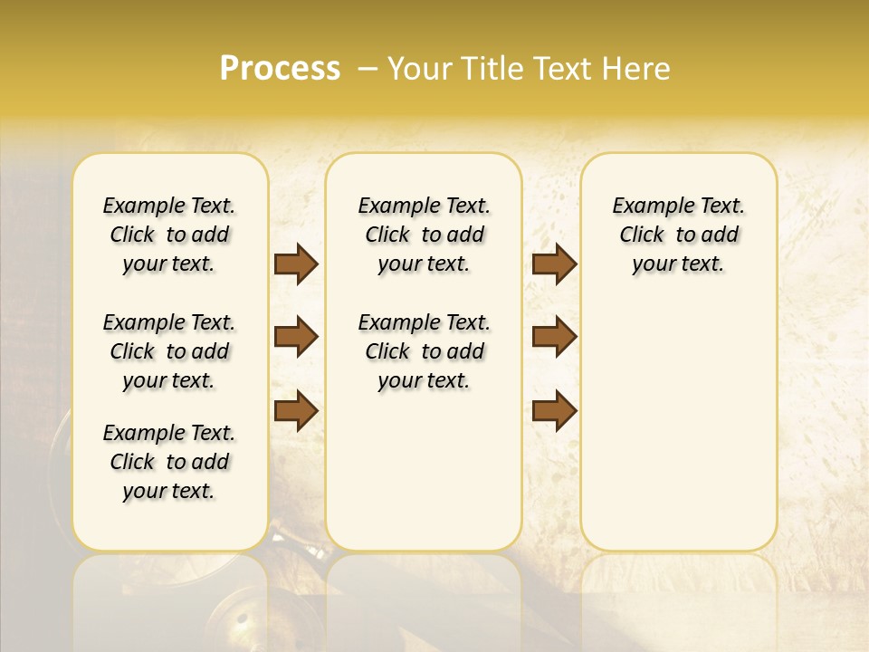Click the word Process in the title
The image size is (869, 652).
click(280, 69)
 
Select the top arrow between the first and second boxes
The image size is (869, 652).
click(296, 264)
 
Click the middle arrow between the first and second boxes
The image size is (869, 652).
click(296, 337)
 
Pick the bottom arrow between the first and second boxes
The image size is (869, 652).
click(296, 410)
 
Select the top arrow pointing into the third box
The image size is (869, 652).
click(554, 264)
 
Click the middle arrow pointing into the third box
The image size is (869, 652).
click(554, 337)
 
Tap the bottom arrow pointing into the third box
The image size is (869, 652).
click(554, 410)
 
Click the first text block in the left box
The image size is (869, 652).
click(169, 235)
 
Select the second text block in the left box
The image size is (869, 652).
click(169, 351)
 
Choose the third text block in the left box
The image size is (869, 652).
click(169, 462)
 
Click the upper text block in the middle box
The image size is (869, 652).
click(424, 235)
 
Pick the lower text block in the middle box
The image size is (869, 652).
click(424, 351)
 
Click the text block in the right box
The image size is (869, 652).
click(678, 235)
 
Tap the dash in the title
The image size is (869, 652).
click(368, 69)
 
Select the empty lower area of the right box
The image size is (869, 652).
click(678, 426)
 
